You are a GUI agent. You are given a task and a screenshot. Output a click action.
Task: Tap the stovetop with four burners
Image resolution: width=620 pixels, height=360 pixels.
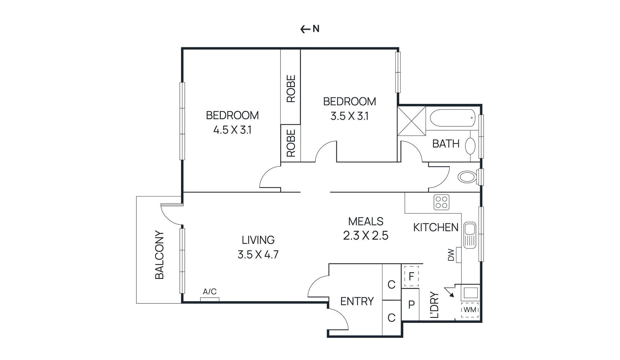(441, 202)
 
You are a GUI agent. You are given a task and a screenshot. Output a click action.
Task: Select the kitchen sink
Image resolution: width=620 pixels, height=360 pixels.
(470, 235)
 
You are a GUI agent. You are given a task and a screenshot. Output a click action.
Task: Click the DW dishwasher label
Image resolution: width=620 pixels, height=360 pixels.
(451, 255)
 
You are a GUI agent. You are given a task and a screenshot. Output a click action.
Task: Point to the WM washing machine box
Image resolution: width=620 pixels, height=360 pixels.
(470, 310)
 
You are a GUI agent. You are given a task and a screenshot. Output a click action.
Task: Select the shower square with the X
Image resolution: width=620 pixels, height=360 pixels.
(412, 121)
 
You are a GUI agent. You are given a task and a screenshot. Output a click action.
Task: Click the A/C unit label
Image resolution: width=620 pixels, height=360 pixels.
(210, 292)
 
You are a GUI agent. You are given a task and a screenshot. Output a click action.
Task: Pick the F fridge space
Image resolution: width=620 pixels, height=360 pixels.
(411, 276)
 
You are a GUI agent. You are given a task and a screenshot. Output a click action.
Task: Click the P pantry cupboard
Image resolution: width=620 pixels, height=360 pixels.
(411, 305)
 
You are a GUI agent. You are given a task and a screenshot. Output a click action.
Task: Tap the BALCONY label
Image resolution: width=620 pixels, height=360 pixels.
(159, 255)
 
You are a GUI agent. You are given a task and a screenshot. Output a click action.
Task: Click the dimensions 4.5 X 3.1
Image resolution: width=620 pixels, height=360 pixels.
(232, 130)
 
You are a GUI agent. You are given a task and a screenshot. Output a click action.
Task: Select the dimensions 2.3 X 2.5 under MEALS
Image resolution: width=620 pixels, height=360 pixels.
(365, 236)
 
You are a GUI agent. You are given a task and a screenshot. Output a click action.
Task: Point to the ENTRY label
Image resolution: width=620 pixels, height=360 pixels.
(357, 301)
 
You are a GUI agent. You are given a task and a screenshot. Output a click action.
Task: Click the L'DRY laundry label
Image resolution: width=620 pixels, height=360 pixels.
(434, 305)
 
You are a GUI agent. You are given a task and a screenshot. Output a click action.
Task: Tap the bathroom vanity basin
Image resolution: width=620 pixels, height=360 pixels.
(470, 146)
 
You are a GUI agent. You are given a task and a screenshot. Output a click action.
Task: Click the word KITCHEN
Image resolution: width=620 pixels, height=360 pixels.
(436, 227)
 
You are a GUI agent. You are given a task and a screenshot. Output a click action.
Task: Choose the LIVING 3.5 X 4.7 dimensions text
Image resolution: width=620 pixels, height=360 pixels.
(258, 255)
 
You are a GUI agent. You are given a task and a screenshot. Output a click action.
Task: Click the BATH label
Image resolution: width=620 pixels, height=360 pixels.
(446, 144)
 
